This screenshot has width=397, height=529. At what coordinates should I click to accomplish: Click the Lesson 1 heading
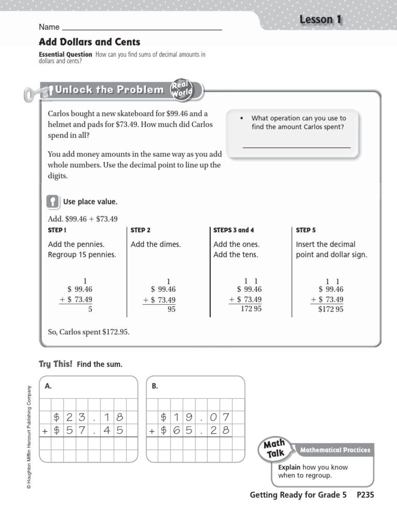(320, 20)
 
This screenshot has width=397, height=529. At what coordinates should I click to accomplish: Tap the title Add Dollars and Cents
(89, 42)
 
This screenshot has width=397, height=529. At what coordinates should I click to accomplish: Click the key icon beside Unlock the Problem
(37, 92)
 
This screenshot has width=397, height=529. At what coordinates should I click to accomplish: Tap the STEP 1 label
(57, 230)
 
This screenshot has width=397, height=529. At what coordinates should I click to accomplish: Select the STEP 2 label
(141, 230)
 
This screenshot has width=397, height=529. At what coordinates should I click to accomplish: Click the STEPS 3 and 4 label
(234, 230)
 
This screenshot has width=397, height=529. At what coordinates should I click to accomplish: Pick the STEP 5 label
(306, 230)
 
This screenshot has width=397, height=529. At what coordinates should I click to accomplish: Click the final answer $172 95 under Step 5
(331, 309)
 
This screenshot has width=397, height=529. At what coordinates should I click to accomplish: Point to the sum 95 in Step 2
(171, 309)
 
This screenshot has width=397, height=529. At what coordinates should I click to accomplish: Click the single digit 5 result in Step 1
(90, 309)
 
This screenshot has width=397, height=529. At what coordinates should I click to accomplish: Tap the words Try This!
(56, 364)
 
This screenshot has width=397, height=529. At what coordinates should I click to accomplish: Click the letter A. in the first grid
(49, 385)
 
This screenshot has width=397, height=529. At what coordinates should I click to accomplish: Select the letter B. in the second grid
(155, 385)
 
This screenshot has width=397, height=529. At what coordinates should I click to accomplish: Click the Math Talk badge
(276, 448)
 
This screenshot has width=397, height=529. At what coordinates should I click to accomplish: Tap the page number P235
(365, 495)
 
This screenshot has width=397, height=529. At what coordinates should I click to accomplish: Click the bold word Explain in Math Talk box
(289, 467)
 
